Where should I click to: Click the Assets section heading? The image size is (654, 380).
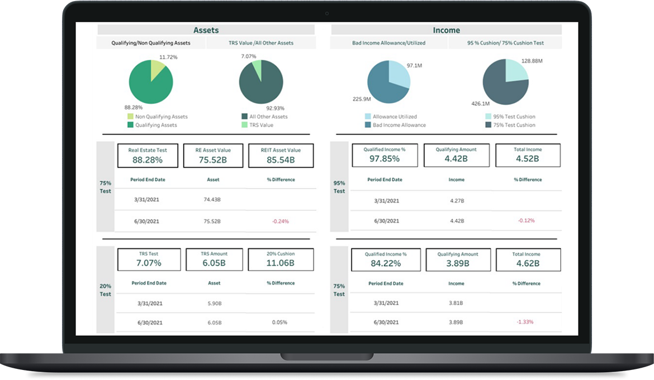pos(206,30)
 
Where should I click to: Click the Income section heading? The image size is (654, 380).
pos(446,30)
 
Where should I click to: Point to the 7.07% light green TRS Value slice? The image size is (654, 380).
pos(257,70)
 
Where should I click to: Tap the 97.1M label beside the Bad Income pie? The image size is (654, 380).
pos(414,66)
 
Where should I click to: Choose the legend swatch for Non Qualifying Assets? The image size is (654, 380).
pos(131,117)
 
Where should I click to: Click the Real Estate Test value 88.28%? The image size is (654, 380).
pos(148,160)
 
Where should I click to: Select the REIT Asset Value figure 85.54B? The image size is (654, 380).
pos(281,160)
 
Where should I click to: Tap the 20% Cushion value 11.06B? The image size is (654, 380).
pos(281,263)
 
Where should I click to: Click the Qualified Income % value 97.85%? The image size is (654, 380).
pos(385,158)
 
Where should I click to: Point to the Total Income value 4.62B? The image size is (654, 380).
pos(526,263)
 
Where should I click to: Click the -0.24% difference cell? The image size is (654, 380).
pos(281,221)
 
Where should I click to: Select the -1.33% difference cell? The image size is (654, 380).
pos(525,322)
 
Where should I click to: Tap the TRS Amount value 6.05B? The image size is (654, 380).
pos(214,263)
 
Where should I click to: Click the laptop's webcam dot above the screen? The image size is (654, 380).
pos(327,13)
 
